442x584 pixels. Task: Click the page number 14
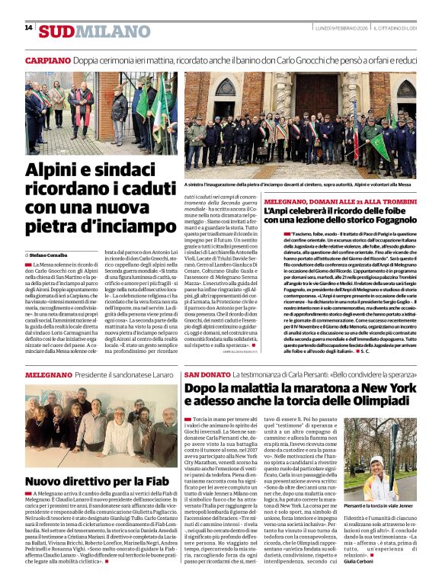28,27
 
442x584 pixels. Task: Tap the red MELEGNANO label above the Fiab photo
49,376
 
